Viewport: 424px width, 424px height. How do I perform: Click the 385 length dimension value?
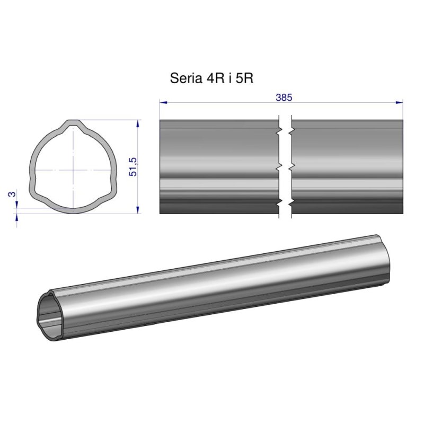tap(284, 97)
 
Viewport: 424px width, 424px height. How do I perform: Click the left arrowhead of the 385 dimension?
tap(163, 102)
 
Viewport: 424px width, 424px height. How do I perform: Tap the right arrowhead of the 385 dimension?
tap(400, 102)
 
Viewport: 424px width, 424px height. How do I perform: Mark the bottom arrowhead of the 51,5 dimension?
tap(138, 210)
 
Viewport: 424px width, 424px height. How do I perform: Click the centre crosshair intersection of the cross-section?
tap(71, 170)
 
